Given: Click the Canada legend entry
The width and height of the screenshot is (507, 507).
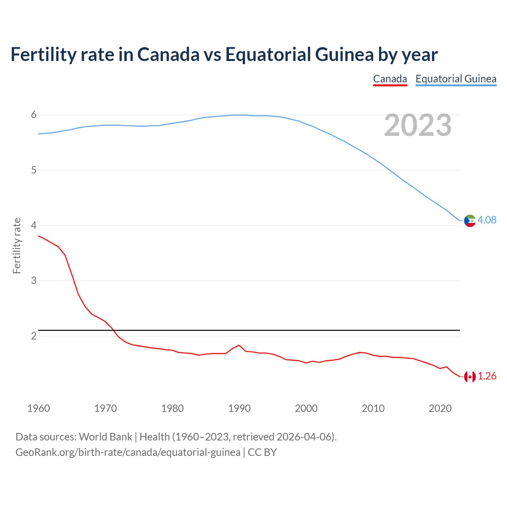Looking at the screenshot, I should tap(390, 79).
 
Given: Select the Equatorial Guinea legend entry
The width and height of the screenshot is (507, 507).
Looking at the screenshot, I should tap(456, 79).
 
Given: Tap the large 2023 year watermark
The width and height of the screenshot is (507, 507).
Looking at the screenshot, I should tap(417, 125).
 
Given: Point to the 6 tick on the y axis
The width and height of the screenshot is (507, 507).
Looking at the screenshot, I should tap(34, 115).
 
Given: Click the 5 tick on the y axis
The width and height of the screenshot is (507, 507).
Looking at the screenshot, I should tap(34, 170).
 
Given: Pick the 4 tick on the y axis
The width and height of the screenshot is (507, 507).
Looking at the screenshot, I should tap(34, 225).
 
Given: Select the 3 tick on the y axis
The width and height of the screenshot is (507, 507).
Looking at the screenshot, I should tap(34, 281).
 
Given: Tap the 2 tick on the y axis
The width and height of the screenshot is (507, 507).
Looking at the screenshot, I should tap(34, 336).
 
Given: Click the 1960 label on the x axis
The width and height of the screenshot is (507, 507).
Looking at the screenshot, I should tap(38, 408).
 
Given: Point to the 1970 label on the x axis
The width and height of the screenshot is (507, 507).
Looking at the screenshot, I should tap(105, 408).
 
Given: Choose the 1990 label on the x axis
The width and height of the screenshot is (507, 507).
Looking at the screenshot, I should tap(239, 408).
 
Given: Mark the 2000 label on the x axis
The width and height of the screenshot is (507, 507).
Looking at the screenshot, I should tap(306, 408).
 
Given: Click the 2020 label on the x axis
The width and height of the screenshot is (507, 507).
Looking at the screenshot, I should tap(440, 408).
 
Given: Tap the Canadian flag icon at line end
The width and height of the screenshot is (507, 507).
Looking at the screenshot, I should tap(470, 377).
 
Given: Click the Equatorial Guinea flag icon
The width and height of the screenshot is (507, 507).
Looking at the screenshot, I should tap(470, 221).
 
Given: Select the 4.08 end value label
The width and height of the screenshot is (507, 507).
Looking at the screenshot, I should tap(487, 220).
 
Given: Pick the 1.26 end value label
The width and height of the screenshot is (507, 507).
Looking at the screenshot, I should tap(487, 376).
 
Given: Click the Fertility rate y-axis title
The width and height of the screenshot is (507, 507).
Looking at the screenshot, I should tap(17, 246).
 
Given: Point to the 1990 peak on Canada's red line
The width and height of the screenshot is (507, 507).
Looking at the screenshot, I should tap(239, 345).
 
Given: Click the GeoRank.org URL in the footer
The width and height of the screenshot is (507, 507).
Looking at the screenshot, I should tap(128, 452).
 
